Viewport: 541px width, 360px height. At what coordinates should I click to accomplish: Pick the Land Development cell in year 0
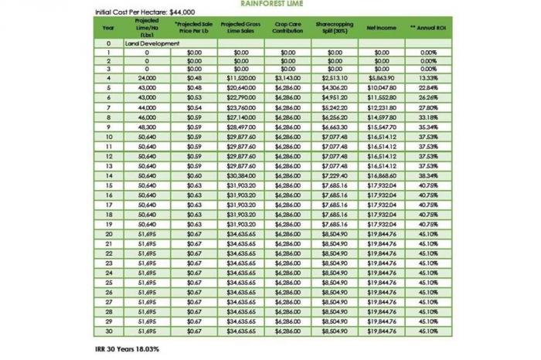pyautogui.click(x=152, y=43)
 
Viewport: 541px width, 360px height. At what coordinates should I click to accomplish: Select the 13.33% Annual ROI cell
pyautogui.click(x=430, y=78)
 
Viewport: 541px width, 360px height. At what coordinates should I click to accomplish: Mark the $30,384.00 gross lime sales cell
pyautogui.click(x=240, y=176)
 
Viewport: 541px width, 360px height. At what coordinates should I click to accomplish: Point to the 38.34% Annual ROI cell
pyautogui.click(x=430, y=176)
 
